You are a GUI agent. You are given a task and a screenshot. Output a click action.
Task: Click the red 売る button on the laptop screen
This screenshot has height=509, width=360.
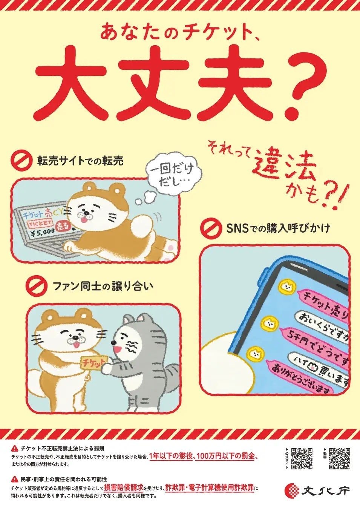click(x=62, y=227)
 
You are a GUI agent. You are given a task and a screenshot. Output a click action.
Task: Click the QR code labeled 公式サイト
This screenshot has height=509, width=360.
click(x=302, y=458)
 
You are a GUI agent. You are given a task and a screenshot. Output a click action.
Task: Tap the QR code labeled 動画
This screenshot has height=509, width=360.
click(x=339, y=458)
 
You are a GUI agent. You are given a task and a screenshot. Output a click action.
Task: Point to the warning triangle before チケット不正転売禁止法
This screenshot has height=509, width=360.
click(x=15, y=449)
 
